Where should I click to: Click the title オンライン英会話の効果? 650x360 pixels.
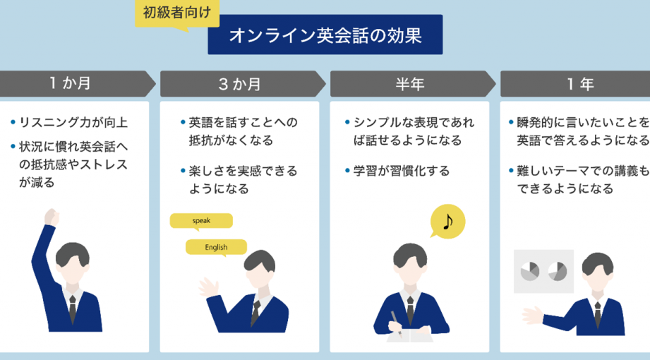[325, 35]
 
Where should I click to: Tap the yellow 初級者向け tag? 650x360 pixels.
[177, 12]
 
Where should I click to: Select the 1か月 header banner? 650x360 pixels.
[74, 83]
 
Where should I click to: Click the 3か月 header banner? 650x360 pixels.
[240, 84]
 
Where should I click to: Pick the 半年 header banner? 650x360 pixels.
[409, 84]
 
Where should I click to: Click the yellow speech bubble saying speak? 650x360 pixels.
[201, 221]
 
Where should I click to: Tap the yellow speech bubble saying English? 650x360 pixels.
[216, 247]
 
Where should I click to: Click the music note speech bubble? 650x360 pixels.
[447, 222]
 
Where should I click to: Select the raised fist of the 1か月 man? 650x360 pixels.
[51, 216]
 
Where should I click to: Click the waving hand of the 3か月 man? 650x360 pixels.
[207, 287]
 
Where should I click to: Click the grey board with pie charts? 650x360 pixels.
[543, 271]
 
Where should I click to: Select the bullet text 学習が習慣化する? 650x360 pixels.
[401, 171]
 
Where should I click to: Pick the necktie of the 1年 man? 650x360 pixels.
[597, 311]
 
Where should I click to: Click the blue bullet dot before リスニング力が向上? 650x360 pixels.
[13, 122]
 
